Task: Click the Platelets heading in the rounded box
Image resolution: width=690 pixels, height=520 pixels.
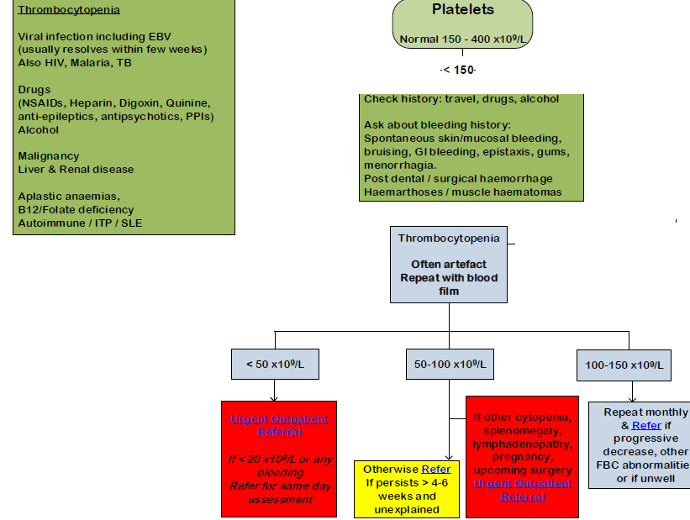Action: coord(462,10)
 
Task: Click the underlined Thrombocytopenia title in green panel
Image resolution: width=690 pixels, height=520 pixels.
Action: coord(69,10)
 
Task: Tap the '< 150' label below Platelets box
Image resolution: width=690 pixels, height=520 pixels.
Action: coord(459,69)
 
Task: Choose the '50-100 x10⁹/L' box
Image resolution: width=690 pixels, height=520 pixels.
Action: coord(450,365)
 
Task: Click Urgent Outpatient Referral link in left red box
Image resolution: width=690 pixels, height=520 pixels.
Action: coord(279,425)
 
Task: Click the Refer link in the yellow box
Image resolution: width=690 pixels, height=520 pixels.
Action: coord(436,469)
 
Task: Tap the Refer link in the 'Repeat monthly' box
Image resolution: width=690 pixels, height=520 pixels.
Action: coord(646,425)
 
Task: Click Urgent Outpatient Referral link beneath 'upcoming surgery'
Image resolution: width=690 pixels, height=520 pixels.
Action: coord(522,490)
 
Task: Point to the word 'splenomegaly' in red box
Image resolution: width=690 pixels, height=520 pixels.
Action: coord(522,430)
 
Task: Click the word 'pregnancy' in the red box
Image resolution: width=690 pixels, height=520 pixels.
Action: coord(522,457)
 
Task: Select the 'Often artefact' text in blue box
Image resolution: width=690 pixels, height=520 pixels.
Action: coord(448,264)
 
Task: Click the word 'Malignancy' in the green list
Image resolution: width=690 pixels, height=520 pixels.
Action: coord(49,155)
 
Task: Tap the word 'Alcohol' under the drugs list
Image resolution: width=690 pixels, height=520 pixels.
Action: coord(39,130)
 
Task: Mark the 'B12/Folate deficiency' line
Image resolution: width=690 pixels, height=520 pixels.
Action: coord(76,209)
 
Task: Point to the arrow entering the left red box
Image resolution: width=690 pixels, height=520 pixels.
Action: coord(275,396)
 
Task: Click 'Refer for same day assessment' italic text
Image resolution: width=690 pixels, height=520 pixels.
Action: coord(279,493)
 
